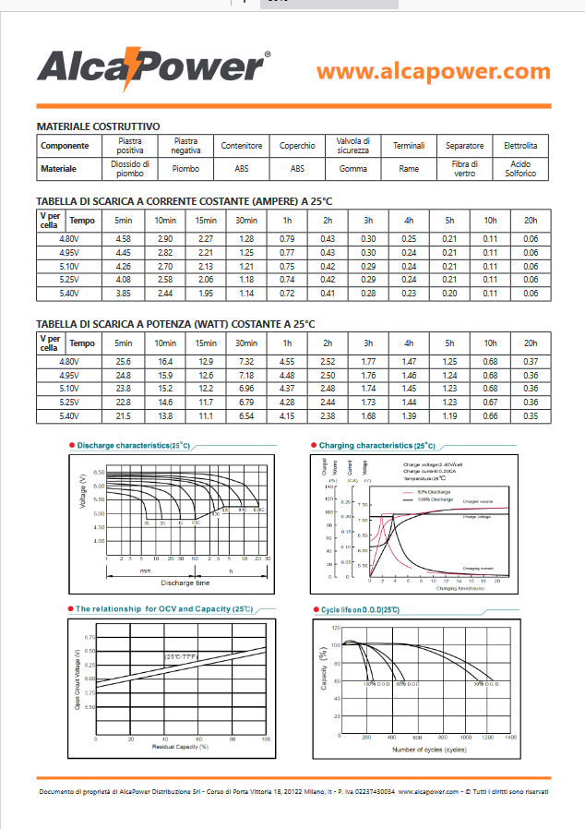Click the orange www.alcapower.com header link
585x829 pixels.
[x=433, y=71]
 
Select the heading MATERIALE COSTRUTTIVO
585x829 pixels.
[x=99, y=126]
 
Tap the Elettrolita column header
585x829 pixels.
[x=520, y=146]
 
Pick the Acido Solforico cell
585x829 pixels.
[x=520, y=169]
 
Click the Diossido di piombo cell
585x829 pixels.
[x=130, y=169]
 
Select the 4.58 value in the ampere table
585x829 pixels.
[x=123, y=239]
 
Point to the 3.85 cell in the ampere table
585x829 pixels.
[x=123, y=293]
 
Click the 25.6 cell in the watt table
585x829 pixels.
[x=123, y=362]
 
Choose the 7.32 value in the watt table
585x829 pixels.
[x=246, y=362]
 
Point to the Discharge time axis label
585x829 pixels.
[x=185, y=583]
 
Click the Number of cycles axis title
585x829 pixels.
[x=429, y=749]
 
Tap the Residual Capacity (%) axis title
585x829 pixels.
[x=180, y=746]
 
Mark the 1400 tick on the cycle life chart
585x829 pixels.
[x=509, y=739]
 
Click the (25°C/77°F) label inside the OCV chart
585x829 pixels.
[x=185, y=656]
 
